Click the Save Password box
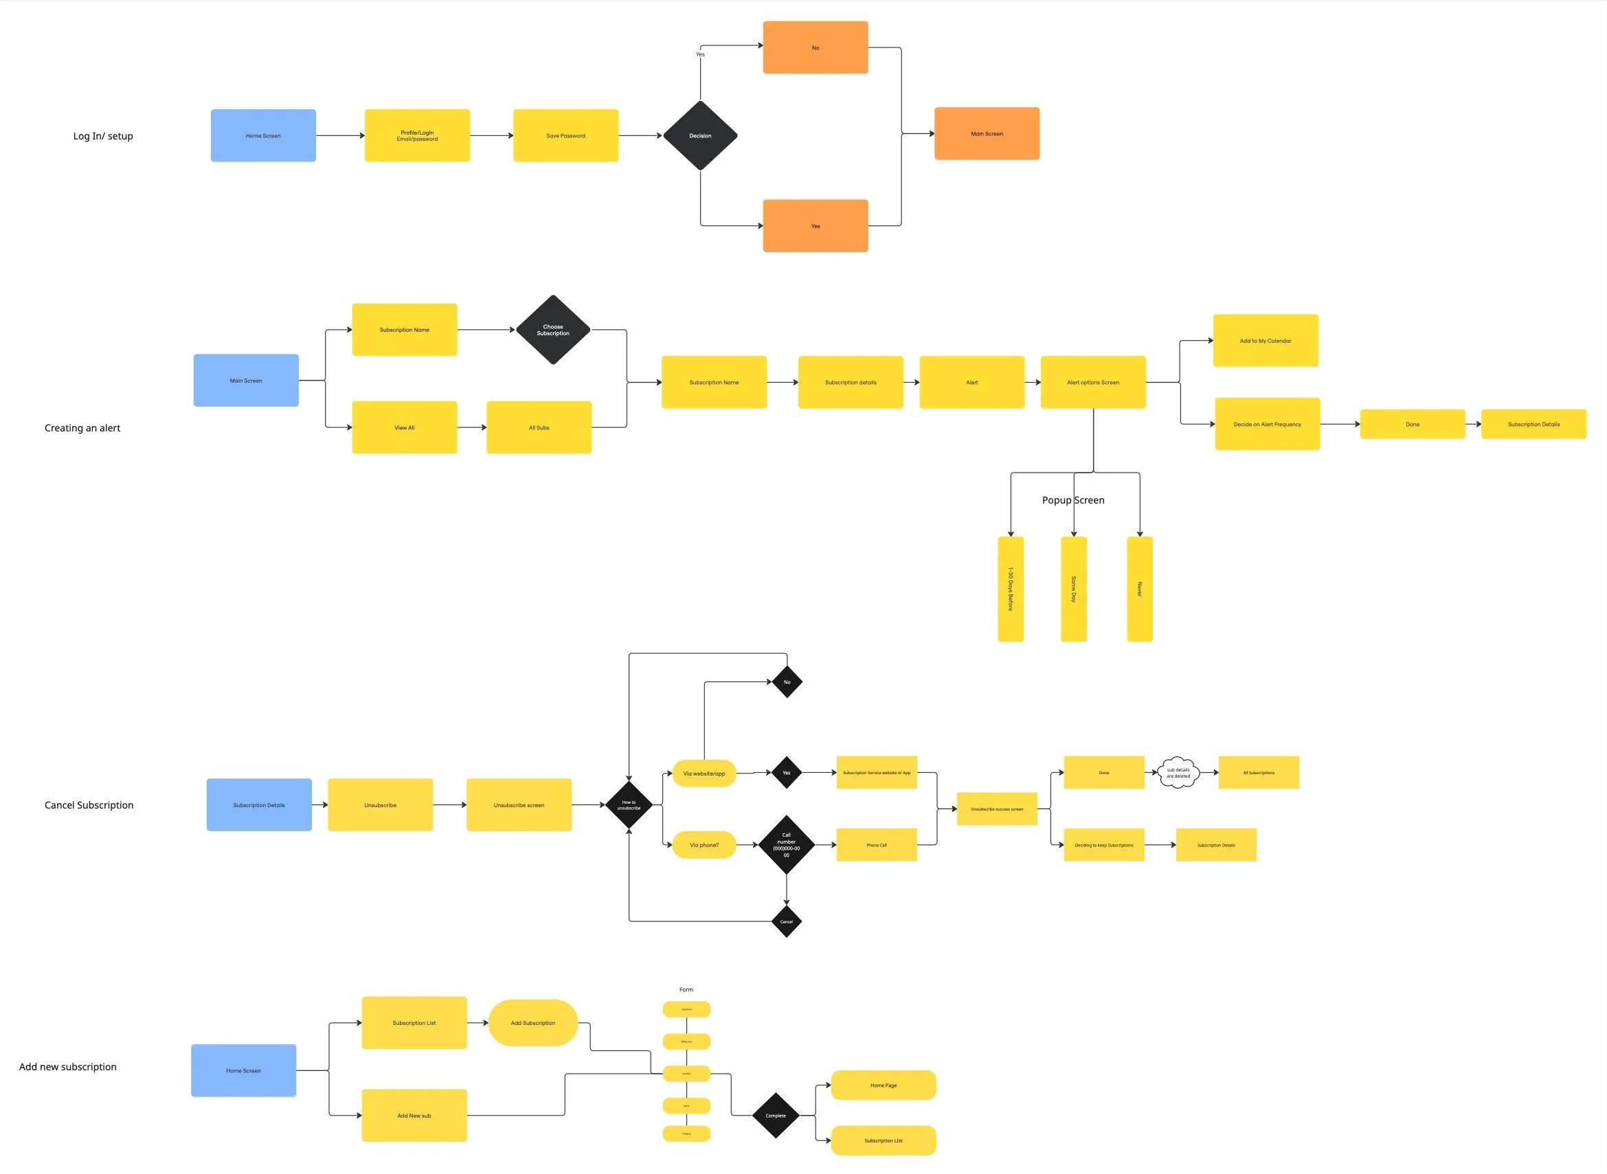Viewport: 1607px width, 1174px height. click(x=565, y=136)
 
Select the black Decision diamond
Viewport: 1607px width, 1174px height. click(x=700, y=136)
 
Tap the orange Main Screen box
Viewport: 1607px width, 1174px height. click(x=987, y=133)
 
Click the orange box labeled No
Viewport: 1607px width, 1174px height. click(x=816, y=47)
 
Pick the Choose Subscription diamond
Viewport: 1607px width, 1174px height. click(x=553, y=330)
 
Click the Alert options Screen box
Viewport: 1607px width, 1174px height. click(x=1092, y=383)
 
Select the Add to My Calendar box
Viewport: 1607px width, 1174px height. click(x=1265, y=341)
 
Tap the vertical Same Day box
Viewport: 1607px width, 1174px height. click(x=1073, y=589)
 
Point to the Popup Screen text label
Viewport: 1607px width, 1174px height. click(x=1072, y=500)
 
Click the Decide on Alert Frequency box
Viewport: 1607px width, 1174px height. click(x=1268, y=425)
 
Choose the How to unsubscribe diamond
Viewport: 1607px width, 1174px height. click(x=629, y=805)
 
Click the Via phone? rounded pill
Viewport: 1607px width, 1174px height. click(x=704, y=845)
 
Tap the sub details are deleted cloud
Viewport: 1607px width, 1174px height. click(x=1178, y=773)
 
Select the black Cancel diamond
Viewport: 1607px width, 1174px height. click(x=786, y=922)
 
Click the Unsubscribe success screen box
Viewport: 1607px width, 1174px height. click(x=996, y=809)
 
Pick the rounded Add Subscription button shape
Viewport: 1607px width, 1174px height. click(x=533, y=1024)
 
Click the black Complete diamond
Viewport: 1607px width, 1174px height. click(x=776, y=1116)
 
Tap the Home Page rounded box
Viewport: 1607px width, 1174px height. click(x=884, y=1085)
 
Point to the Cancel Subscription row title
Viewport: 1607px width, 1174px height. click(x=89, y=805)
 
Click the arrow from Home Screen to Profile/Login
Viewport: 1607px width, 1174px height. click(x=339, y=136)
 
